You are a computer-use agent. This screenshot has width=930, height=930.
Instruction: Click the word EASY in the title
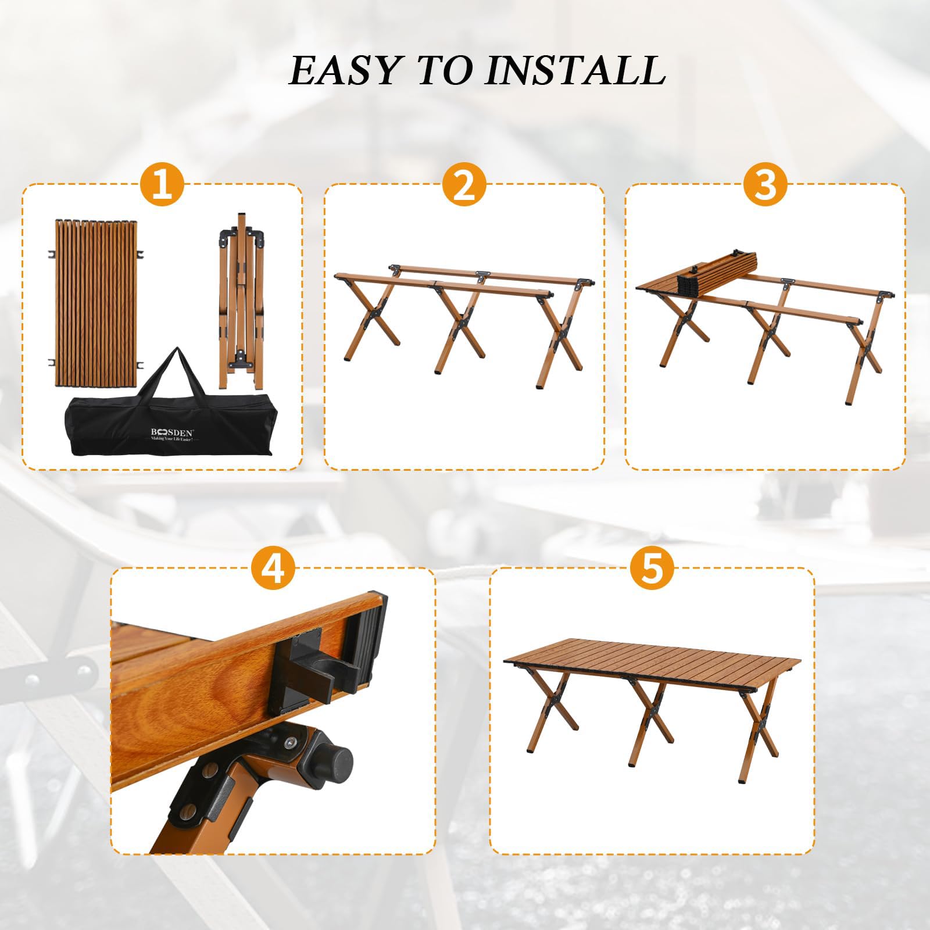coord(344,70)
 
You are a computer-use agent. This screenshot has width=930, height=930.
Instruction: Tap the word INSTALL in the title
coord(575,70)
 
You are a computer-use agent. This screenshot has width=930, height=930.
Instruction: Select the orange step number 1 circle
coord(162,184)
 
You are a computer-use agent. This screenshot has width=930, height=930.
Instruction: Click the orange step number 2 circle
coord(464,184)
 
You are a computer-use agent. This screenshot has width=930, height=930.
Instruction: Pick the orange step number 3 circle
coord(766,184)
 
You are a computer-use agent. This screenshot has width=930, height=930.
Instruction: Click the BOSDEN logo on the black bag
coord(173,432)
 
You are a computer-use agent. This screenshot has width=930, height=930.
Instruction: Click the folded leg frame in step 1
coord(240,301)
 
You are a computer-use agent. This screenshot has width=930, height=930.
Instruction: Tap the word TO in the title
coord(443,70)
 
